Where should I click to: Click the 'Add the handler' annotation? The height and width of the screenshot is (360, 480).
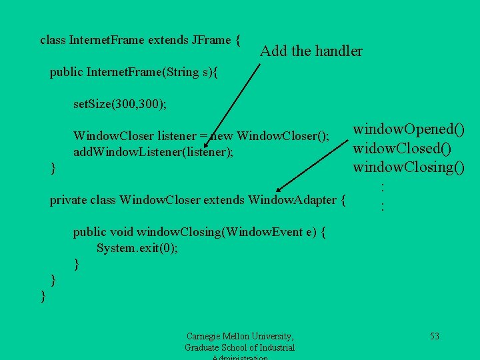pos(311,51)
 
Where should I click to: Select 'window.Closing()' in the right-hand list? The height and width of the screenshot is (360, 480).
pos(409,166)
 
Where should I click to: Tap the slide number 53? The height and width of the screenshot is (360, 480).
pos(434,336)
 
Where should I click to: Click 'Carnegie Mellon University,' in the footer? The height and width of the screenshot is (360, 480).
pos(240,336)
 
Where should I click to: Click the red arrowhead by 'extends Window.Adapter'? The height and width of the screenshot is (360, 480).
pos(281,190)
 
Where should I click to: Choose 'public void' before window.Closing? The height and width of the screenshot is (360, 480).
pos(103,232)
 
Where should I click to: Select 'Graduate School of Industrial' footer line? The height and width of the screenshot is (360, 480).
pos(240,347)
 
